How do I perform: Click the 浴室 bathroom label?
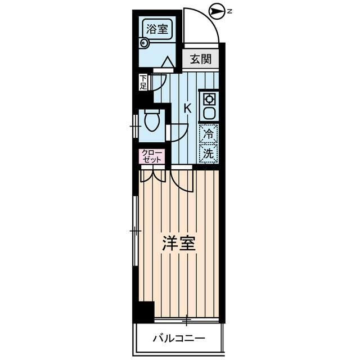[156, 29]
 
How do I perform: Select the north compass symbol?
[216, 10]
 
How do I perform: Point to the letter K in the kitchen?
[187, 109]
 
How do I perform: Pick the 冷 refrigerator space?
[209, 134]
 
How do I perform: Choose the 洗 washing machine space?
[209, 152]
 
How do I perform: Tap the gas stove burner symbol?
[209, 99]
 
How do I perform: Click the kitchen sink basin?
[209, 112]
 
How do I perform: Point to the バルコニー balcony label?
[179, 339]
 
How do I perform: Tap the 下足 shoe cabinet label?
[143, 82]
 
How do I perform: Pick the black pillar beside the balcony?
[146, 312]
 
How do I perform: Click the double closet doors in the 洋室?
[152, 175]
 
